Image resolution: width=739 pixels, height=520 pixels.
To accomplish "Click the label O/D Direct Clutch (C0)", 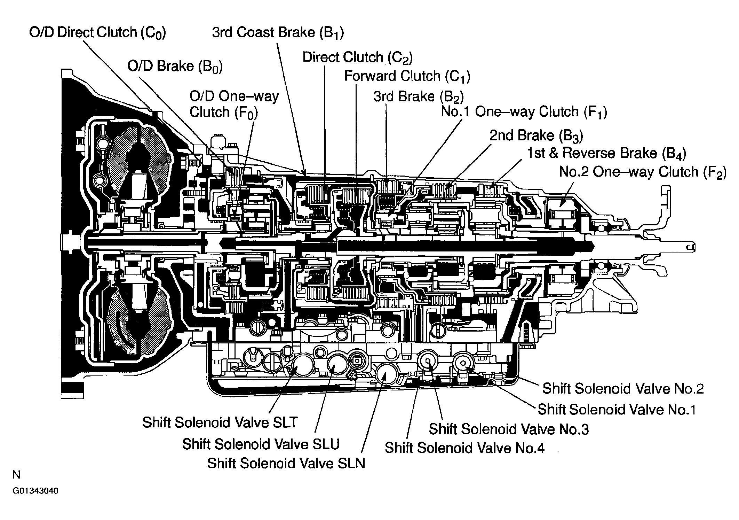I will (x=97, y=33).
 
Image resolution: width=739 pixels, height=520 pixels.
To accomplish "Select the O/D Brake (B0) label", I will (x=175, y=66).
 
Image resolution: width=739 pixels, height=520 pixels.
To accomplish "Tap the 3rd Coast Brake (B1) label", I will (x=278, y=33).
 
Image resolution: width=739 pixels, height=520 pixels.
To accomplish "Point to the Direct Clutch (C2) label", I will (x=357, y=57).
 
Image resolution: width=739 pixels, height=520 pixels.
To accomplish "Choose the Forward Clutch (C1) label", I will (x=407, y=76).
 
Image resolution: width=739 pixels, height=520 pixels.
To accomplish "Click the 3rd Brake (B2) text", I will (x=419, y=96).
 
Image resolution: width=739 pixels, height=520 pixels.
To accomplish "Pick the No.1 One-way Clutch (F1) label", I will (x=524, y=112).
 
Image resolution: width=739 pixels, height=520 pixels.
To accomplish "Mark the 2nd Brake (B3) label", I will (x=536, y=135).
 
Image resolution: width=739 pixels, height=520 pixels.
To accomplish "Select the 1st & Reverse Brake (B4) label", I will (x=606, y=153).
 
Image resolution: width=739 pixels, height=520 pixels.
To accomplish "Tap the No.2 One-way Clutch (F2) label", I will (x=643, y=172).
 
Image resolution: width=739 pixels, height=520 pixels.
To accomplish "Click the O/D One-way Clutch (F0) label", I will (x=234, y=104).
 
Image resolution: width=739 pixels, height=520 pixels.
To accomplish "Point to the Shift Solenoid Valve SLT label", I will (x=220, y=422).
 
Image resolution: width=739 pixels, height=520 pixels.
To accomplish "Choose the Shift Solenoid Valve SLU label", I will (x=261, y=444).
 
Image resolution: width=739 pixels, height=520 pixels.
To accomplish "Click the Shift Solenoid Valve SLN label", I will (x=286, y=464).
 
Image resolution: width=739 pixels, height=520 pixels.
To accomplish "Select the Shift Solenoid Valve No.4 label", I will (x=464, y=448).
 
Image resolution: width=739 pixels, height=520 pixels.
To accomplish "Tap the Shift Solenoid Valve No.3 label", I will (x=509, y=429).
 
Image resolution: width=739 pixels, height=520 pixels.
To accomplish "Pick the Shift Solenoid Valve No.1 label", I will (x=617, y=410).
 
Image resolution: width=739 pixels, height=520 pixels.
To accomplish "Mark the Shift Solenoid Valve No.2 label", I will (x=623, y=389).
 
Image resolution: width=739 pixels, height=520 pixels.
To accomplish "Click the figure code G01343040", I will (x=35, y=491).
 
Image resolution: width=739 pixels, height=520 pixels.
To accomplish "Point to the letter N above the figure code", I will (x=16, y=475).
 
